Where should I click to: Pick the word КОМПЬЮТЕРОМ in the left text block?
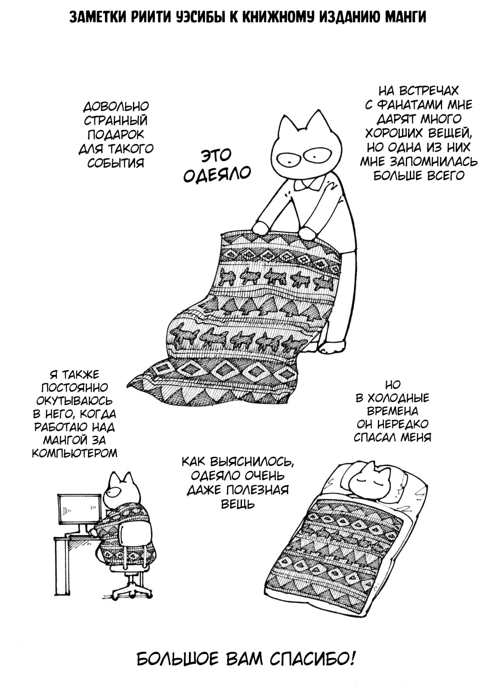(x=75, y=453)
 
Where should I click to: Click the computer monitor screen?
(x=79, y=508)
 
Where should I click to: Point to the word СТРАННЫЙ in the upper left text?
(x=115, y=121)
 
